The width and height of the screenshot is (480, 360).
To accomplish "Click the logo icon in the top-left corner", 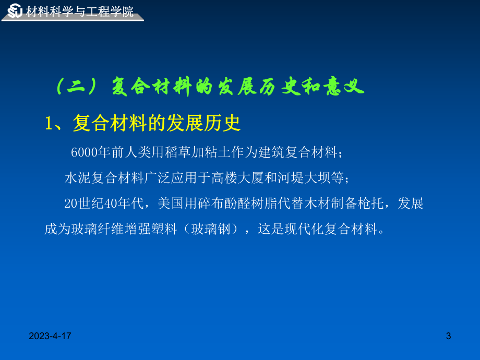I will pyautogui.click(x=15, y=10).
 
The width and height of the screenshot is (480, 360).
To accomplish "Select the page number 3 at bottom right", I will pyautogui.click(x=449, y=338).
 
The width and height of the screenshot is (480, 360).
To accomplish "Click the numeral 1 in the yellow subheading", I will pyautogui.click(x=50, y=123).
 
